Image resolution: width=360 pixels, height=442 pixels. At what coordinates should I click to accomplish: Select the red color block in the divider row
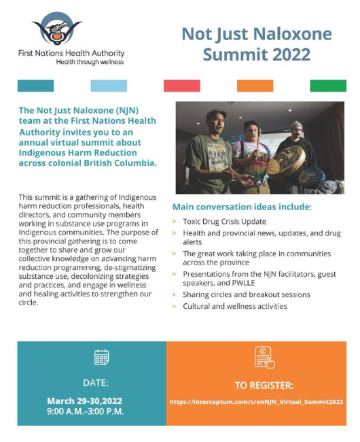[x=181, y=86]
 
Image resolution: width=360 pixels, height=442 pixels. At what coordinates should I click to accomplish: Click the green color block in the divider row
[x=328, y=86]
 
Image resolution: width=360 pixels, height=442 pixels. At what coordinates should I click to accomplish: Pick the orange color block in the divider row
[x=255, y=86]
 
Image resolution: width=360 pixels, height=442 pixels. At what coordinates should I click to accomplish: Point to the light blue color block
[x=108, y=86]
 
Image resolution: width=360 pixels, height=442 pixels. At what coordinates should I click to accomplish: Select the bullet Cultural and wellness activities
[x=234, y=306]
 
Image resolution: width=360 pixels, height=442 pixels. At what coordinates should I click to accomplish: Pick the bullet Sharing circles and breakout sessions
[x=246, y=295]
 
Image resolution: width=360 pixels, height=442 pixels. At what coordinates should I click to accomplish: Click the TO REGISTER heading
[x=264, y=384]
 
